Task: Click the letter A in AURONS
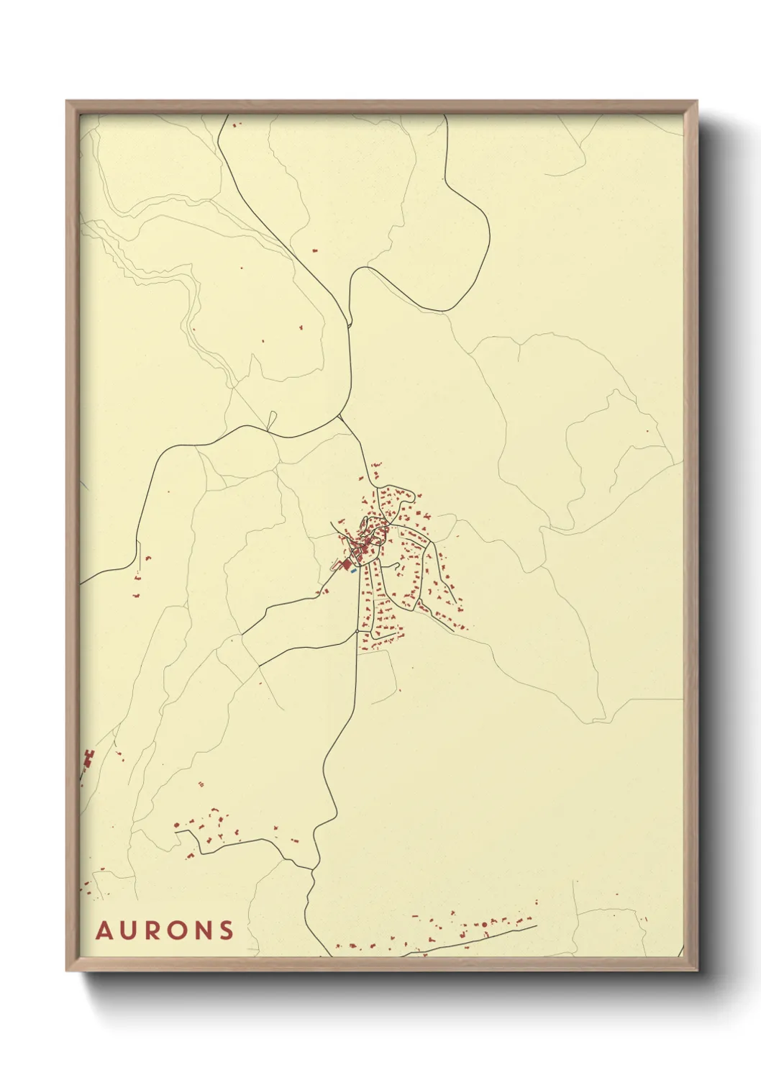pos(104,930)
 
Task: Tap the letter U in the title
pos(129,930)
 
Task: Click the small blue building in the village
pos(354,571)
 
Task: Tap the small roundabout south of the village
pos(357,632)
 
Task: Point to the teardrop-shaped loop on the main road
pos(271,420)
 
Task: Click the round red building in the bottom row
pos(484,923)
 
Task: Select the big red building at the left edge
pos(89,758)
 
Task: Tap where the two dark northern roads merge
pos(350,325)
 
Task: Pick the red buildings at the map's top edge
pos(236,124)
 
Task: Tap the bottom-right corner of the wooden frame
pos(696,970)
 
